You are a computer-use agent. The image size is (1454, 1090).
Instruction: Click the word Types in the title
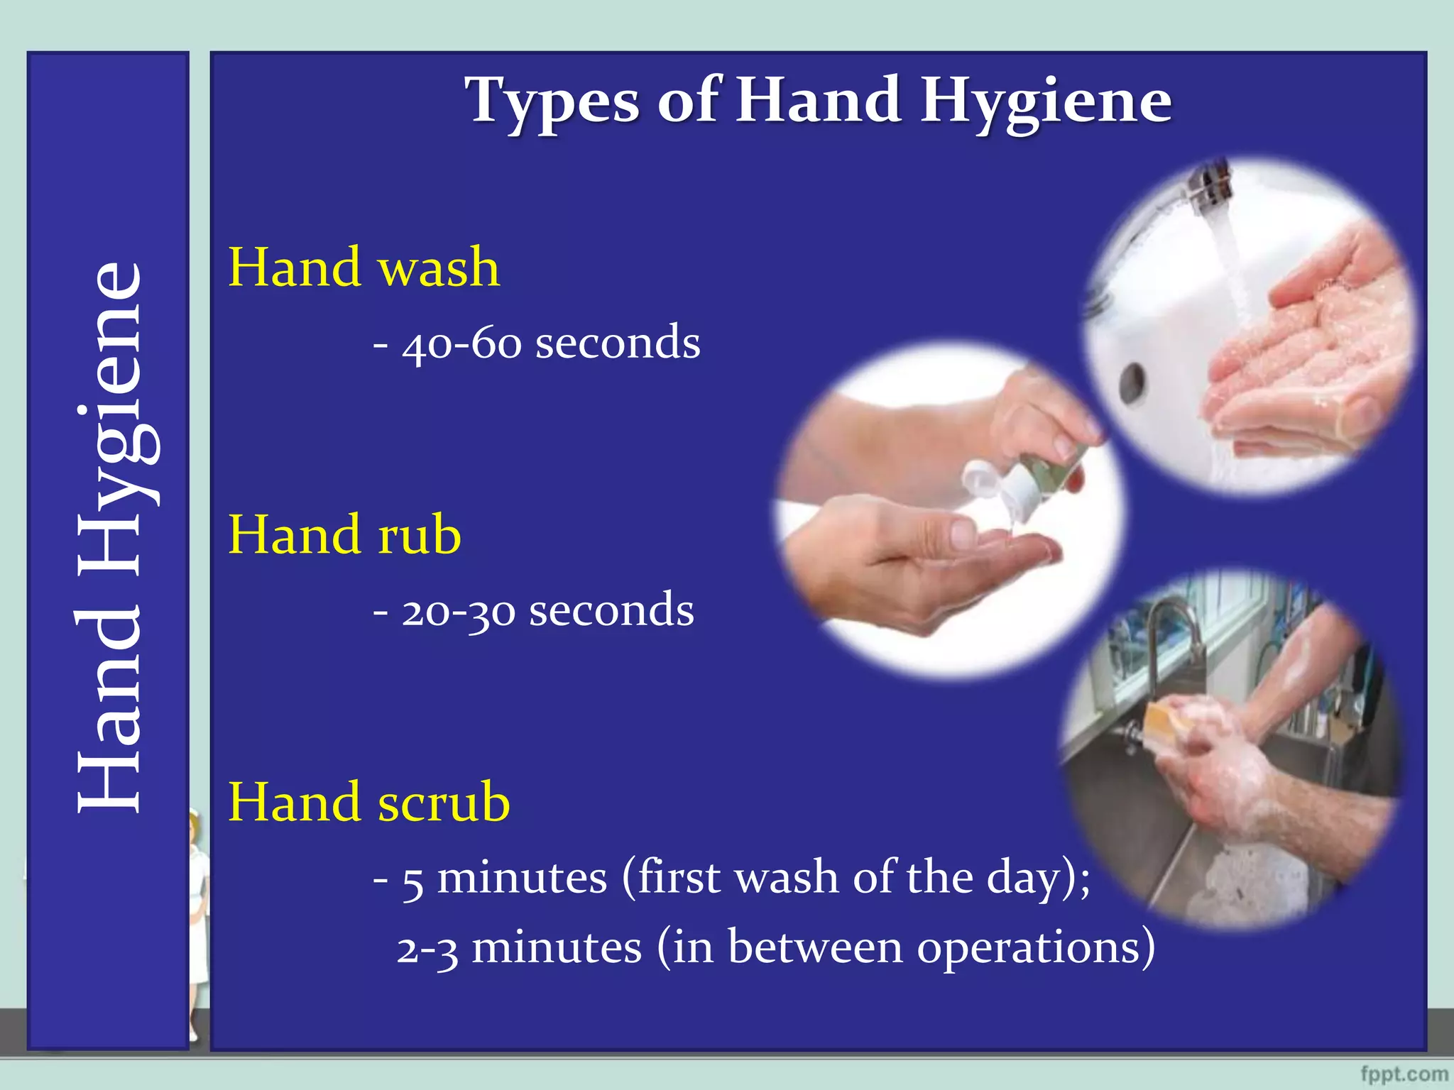[551, 101]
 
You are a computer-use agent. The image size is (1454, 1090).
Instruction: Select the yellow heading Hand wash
[363, 268]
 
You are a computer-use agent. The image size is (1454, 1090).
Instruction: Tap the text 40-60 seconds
[551, 342]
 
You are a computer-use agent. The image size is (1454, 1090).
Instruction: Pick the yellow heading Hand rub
[344, 535]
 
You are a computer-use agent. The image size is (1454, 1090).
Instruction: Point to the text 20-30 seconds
[547, 610]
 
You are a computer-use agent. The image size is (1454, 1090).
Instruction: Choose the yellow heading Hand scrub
[368, 803]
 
